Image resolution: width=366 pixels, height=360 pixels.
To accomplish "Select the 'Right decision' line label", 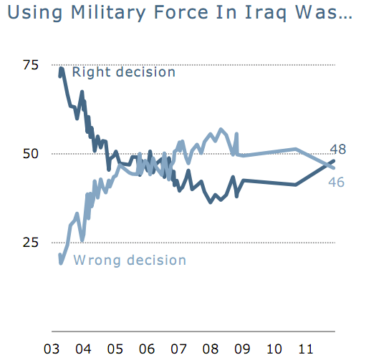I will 124,72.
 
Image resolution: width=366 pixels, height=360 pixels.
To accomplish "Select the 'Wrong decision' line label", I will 130,260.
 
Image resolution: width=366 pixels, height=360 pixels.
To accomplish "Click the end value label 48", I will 338,150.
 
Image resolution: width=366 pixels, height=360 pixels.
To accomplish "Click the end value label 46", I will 337,183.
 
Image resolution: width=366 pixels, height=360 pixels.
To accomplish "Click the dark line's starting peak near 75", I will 62,69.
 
